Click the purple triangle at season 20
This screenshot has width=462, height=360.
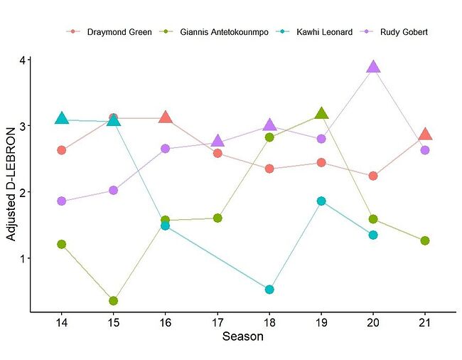click(x=373, y=67)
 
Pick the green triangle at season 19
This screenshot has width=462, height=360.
click(x=321, y=113)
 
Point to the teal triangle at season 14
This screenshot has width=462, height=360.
click(x=62, y=118)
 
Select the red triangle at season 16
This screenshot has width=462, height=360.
click(x=166, y=117)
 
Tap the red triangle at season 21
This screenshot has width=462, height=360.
click(x=425, y=134)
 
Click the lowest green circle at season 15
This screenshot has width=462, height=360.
click(x=114, y=301)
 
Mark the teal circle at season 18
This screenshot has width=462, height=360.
click(x=269, y=290)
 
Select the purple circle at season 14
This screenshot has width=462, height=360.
click(x=62, y=201)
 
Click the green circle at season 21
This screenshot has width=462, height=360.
click(x=425, y=240)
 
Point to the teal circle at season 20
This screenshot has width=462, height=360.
click(x=373, y=235)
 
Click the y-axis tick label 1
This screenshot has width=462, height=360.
click(x=23, y=258)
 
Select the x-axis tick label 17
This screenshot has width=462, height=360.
click(x=217, y=322)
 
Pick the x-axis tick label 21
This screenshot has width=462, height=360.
click(x=425, y=322)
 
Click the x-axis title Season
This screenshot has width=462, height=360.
click(x=243, y=337)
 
